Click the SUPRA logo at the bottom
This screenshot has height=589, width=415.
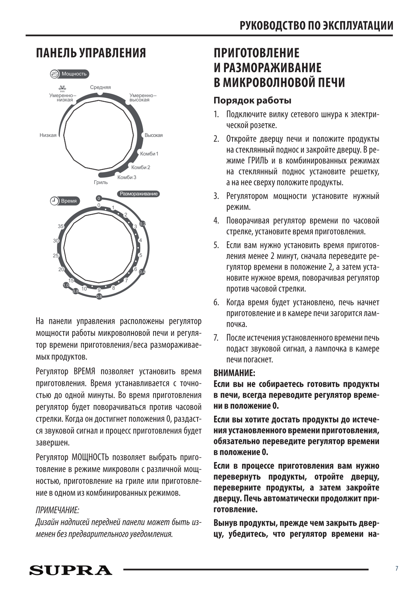(71, 570)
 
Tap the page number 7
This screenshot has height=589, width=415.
(397, 568)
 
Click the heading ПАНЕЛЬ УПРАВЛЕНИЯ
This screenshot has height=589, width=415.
(91, 53)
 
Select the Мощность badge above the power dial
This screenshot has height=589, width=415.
(70, 74)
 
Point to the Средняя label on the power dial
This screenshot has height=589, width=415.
(100, 88)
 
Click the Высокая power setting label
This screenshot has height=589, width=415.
(153, 135)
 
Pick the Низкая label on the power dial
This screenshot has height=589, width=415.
(48, 135)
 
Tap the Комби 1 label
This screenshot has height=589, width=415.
(149, 154)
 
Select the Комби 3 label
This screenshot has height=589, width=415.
(127, 178)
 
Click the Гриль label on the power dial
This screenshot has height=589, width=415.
(101, 182)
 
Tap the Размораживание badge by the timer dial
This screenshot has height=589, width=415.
(139, 194)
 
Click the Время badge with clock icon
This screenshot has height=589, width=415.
(65, 201)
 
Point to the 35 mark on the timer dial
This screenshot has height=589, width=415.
(61, 227)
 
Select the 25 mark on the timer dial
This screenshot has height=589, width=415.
(56, 255)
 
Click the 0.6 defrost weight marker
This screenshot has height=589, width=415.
(99, 297)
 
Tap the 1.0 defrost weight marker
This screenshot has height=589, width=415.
(66, 285)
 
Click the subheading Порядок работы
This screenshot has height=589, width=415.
(252, 100)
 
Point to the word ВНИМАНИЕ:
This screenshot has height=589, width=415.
(234, 373)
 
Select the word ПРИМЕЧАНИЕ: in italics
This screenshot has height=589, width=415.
(57, 510)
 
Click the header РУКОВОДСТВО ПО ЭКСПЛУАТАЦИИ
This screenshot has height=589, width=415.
(316, 25)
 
